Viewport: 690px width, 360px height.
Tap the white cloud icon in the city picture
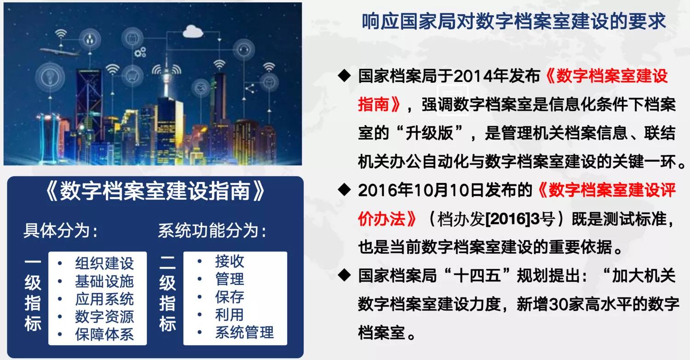(x=193, y=31)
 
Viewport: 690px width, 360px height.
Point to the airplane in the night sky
(x=58, y=52)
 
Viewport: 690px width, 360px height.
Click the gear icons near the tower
(x=140, y=52)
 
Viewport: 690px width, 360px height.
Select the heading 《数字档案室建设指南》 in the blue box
(x=155, y=191)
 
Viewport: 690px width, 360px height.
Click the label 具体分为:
(x=60, y=230)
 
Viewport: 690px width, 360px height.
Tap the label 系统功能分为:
(x=212, y=230)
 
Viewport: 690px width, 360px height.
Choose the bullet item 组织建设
(x=104, y=263)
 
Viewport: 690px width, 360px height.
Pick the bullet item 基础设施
(x=104, y=281)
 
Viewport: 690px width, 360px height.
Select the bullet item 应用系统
(x=104, y=299)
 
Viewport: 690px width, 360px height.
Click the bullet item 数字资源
(x=104, y=317)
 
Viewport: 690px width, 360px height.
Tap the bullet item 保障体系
(x=104, y=334)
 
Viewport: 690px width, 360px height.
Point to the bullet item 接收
(x=230, y=262)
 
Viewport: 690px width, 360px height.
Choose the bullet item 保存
(x=230, y=297)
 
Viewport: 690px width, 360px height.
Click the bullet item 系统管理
(x=244, y=332)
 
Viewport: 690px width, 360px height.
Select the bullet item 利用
(x=230, y=315)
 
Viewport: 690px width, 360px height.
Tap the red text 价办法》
(x=387, y=219)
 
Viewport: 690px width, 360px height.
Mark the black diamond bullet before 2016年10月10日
(x=345, y=190)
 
